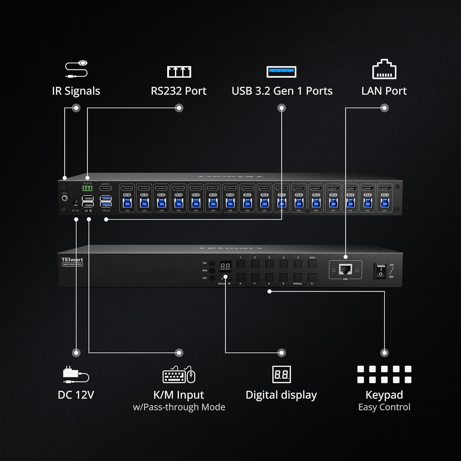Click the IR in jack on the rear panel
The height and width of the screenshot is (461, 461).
65,198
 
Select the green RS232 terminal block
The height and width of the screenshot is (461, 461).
87,188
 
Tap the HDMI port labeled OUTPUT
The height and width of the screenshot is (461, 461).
105,188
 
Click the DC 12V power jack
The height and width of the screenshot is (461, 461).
75,203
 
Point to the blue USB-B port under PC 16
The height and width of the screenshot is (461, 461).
127,203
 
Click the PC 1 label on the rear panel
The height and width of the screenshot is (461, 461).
384,195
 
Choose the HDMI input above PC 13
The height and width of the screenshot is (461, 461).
179,188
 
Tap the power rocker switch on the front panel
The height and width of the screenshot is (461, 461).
380,271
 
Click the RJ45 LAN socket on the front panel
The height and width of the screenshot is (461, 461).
345,270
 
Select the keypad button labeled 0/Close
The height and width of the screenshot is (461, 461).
298,277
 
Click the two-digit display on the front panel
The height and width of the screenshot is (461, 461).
225,266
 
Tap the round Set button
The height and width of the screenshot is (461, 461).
212,263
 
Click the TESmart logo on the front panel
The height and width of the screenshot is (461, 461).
72,260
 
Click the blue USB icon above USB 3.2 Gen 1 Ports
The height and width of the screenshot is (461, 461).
281,72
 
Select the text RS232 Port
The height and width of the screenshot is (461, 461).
179,91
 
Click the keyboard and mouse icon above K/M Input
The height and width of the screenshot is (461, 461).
179,374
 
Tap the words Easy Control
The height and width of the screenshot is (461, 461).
384,407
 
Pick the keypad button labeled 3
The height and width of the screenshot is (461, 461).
270,264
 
